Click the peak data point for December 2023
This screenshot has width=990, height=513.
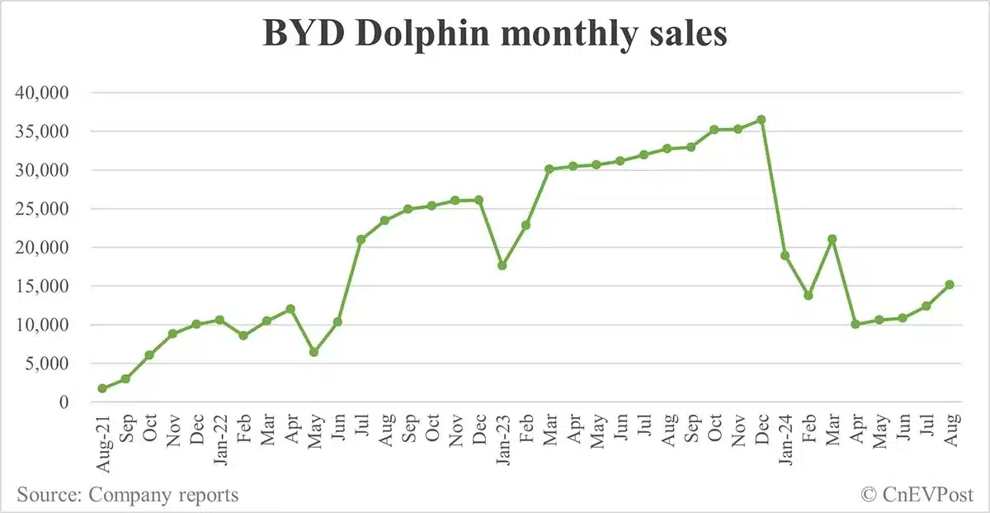pos(761,120)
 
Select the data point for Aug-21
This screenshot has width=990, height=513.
pos(101,388)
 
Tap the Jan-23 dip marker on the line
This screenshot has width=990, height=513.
pos(502,265)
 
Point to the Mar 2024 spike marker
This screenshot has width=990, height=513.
pos(832,240)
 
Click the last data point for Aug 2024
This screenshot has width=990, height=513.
pos(950,284)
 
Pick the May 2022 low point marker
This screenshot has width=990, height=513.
pos(313,352)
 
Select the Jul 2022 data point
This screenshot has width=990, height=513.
pos(361,240)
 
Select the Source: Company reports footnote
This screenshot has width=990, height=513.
pos(128,495)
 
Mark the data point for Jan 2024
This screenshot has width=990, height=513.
pos(785,255)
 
